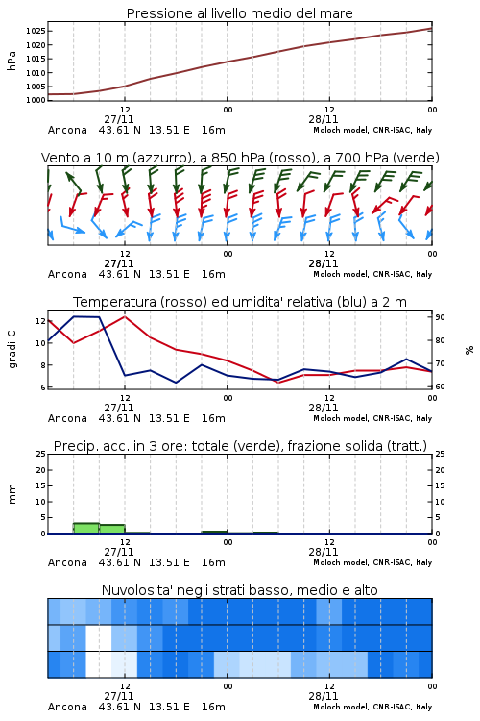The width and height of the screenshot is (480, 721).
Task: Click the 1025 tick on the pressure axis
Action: coord(35,32)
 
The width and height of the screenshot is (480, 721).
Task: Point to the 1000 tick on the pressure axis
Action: coord(35,100)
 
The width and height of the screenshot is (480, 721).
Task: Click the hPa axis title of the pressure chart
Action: coord(12,61)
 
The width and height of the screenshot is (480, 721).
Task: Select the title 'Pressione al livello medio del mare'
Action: coord(240,13)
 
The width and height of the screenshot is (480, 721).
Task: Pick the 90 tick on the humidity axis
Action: coord(440,317)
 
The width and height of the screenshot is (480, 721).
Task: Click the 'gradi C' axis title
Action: coord(12,349)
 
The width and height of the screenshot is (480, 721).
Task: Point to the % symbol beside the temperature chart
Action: coord(469,350)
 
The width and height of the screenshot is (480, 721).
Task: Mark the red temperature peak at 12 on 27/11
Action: coord(125,316)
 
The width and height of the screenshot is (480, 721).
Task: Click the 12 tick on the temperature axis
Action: coord(40,321)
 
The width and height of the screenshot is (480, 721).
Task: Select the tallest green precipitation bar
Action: coord(86,528)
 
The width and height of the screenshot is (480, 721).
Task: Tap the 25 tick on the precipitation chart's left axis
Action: coord(40,454)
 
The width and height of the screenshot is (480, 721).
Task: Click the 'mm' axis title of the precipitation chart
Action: coord(12,494)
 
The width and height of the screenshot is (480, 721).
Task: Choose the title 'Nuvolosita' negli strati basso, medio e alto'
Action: coord(240,590)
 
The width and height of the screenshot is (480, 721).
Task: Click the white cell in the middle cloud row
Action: coord(99,637)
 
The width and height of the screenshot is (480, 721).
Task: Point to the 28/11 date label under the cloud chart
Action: coord(324,696)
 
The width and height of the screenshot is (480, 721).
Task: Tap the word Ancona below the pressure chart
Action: coord(67,130)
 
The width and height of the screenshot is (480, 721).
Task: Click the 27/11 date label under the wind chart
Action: coord(119,263)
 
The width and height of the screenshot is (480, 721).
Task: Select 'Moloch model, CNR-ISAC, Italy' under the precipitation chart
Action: coord(372,562)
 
